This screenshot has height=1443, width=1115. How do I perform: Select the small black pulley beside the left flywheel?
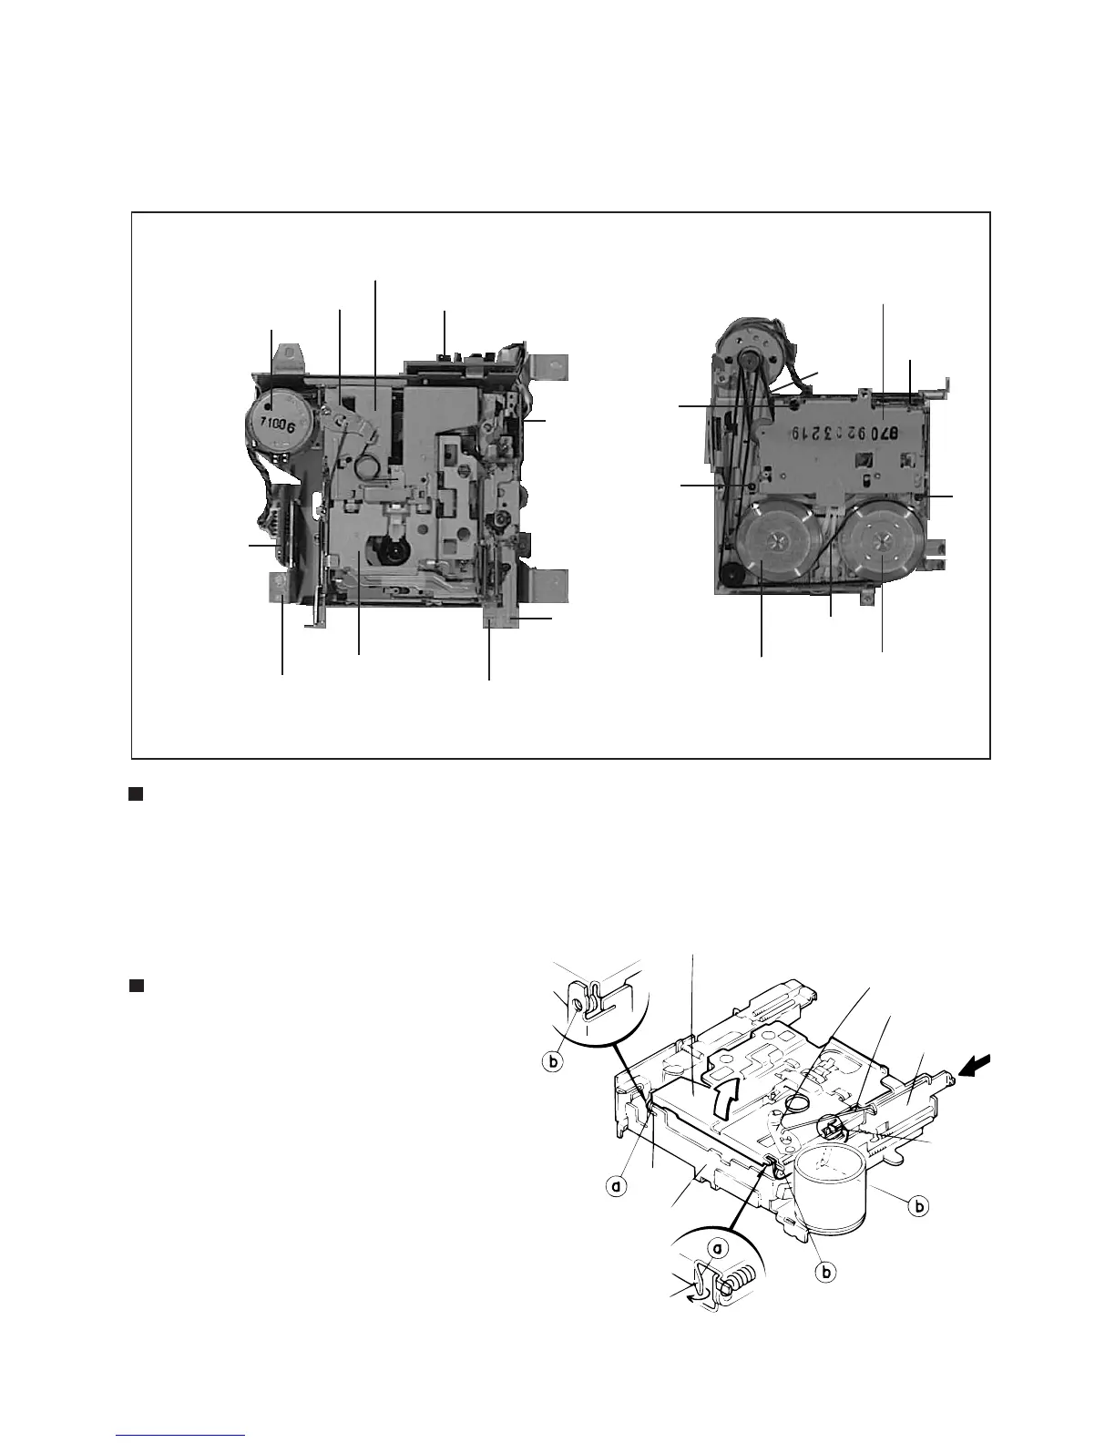731,573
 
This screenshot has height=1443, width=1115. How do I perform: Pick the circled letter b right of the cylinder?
920,1206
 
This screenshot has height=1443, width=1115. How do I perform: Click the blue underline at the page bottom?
181,1436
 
